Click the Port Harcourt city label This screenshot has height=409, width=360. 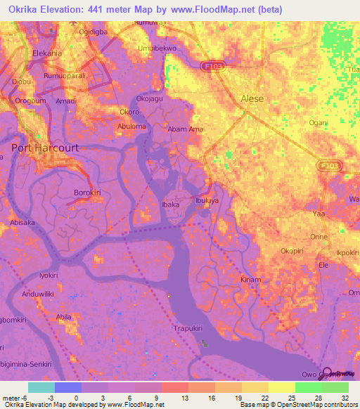coord(45,148)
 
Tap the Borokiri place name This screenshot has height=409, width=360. coord(89,192)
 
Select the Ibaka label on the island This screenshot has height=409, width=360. coord(171,204)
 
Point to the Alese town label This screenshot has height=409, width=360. coord(252,98)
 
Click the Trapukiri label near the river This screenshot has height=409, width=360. coord(188,327)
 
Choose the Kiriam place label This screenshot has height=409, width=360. coord(251,279)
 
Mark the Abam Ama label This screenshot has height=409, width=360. coord(185,129)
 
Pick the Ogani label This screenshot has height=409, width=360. coord(319,122)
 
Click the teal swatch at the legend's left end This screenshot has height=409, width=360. coord(41,387)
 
